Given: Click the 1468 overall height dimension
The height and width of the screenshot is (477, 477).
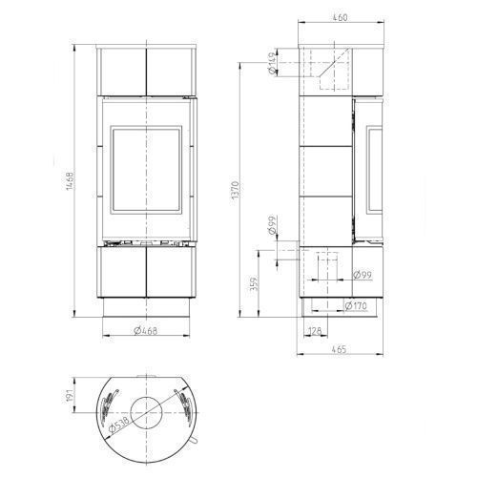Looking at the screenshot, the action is pyautogui.click(x=70, y=181).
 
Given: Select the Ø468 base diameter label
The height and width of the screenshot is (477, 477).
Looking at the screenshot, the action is pyautogui.click(x=146, y=331).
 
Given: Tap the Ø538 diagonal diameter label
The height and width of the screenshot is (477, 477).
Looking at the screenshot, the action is pyautogui.click(x=119, y=425).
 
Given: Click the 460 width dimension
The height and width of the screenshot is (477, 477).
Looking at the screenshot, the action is pyautogui.click(x=340, y=17).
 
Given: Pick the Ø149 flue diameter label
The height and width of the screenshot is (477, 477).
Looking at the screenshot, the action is pyautogui.click(x=272, y=63).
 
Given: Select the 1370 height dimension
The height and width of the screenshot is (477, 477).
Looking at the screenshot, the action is pyautogui.click(x=235, y=190).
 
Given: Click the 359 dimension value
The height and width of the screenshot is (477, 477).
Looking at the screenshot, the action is pyautogui.click(x=255, y=284).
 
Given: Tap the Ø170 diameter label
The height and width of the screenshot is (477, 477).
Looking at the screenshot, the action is pyautogui.click(x=356, y=306).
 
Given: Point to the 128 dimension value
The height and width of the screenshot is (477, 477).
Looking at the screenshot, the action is pyautogui.click(x=315, y=331).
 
